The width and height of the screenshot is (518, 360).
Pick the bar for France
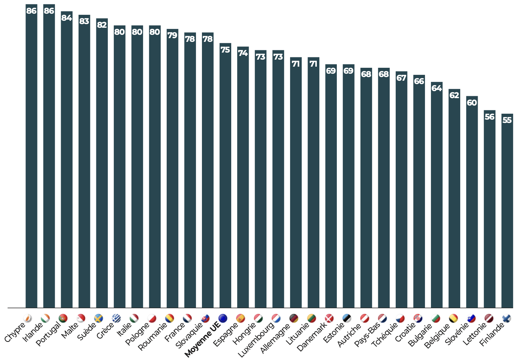pos(190,170)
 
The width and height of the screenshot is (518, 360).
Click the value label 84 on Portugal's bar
pos(67,18)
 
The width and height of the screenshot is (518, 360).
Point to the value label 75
pos(225,50)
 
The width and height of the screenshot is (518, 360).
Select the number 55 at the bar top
pos(507,120)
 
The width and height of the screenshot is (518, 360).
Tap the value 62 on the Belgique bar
pos(454,95)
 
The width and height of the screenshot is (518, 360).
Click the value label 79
pos(172,36)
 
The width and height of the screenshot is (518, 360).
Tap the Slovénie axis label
pos(457,333)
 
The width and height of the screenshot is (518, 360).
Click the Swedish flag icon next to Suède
pos(99,318)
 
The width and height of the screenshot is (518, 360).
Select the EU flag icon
pos(223,318)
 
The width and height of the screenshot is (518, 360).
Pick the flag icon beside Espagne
pos(240,318)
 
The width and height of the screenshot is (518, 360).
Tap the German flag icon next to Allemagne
pos(293,318)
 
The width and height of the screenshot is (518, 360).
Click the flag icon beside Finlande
pos(506,318)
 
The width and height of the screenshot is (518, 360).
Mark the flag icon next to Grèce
pos(116,318)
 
